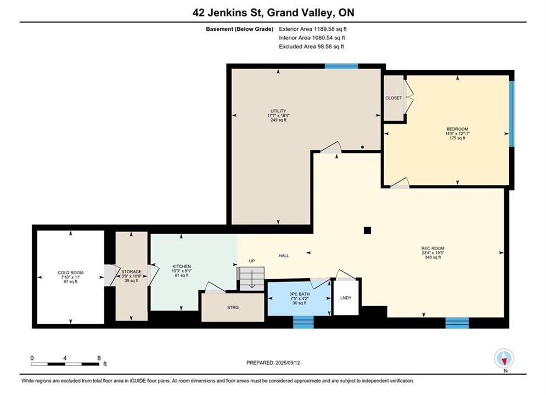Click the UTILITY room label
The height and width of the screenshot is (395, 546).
click(x=278, y=111)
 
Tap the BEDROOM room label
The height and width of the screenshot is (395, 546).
click(x=457, y=129)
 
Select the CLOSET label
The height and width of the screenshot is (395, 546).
click(x=393, y=98)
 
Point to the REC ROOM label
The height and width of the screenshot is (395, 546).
click(x=433, y=249)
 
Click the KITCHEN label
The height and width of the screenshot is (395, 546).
click(x=182, y=266)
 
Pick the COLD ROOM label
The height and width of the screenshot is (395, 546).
click(x=71, y=273)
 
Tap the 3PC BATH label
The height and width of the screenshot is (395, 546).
click(x=300, y=294)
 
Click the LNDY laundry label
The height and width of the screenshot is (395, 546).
click(x=346, y=298)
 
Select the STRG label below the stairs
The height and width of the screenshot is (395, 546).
click(x=233, y=308)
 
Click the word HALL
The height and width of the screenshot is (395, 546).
click(x=284, y=256)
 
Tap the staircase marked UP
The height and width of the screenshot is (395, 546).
click(x=251, y=278)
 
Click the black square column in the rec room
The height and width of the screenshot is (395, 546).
click(x=367, y=230)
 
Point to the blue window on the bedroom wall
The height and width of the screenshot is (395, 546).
click(x=511, y=114)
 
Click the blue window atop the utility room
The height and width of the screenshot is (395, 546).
click(x=341, y=66)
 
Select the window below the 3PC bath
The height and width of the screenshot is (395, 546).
click(x=303, y=322)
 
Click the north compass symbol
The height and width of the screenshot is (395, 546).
click(x=504, y=358)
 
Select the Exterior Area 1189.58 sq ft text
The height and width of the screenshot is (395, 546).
click(x=313, y=29)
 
